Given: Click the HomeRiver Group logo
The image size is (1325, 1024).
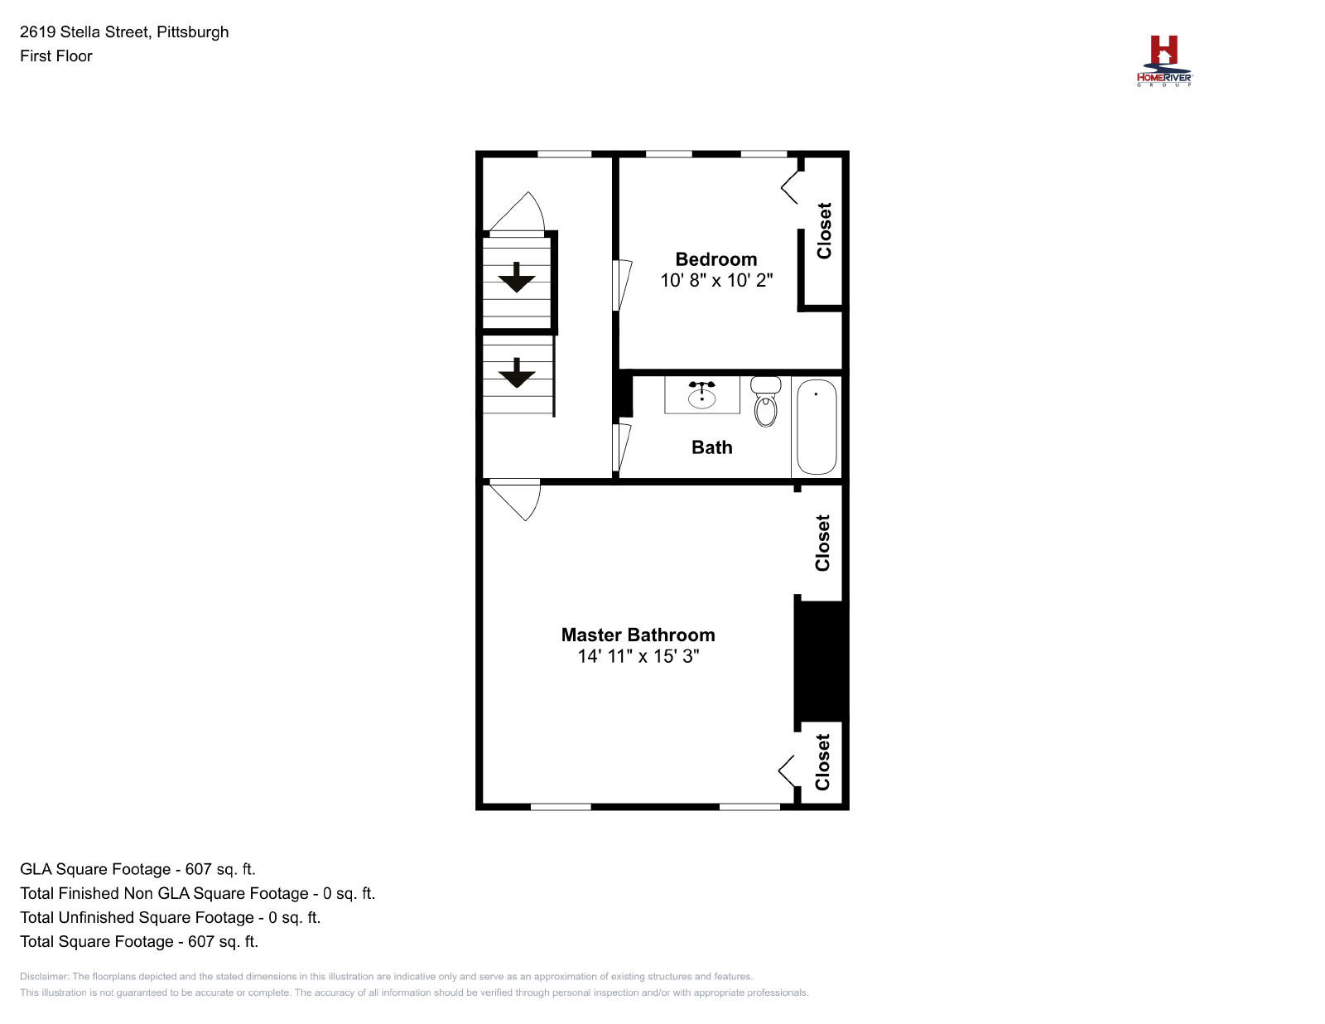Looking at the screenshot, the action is click(1164, 61).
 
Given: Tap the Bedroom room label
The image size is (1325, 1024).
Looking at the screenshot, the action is click(715, 259).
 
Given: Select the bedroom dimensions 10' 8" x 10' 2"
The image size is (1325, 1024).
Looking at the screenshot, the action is click(716, 280).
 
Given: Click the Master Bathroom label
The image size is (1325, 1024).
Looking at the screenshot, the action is click(638, 635).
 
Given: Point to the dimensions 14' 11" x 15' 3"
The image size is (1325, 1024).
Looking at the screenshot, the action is click(638, 656).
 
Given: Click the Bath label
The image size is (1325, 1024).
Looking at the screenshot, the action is click(711, 447).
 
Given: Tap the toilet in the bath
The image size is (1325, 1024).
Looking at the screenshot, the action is click(765, 401).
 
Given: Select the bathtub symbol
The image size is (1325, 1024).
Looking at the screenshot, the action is click(817, 427).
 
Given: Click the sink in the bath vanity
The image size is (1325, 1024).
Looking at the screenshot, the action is click(701, 395).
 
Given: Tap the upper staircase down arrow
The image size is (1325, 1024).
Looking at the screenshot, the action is click(517, 278).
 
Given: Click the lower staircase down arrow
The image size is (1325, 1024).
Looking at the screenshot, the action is click(517, 373).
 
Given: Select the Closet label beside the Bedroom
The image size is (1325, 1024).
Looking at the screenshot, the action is click(824, 230).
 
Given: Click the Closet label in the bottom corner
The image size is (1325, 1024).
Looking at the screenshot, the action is click(822, 761).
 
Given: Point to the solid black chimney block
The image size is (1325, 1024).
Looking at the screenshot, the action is click(821, 661).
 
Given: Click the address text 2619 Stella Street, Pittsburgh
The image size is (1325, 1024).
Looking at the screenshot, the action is click(124, 32).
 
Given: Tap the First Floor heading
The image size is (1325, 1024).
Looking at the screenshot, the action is click(56, 56).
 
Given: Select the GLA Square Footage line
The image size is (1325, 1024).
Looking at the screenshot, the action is click(137, 869).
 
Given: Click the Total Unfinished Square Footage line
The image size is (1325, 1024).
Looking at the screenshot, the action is click(170, 917).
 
